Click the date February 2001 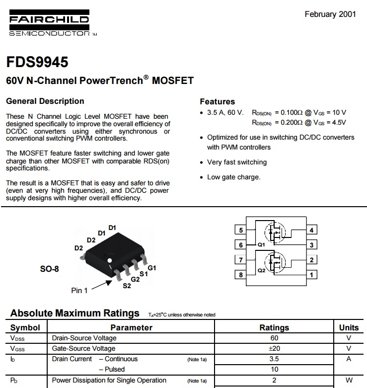coord(330,14)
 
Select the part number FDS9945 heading coord(37,63)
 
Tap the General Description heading coord(45,101)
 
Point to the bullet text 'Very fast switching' coord(236,162)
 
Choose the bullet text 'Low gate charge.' coord(233,177)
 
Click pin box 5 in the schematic coord(241,230)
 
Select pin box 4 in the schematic coord(311,230)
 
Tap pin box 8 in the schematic coord(241,275)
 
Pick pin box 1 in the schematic coord(311,275)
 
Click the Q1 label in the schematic coord(261,245)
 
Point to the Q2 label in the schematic coord(261,271)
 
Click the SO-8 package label coord(49,269)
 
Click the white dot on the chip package coord(110,259)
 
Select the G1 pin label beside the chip coord(151,268)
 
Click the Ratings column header coord(274,327)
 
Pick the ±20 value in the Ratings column coord(274,348)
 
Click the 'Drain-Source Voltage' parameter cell coord(84,338)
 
